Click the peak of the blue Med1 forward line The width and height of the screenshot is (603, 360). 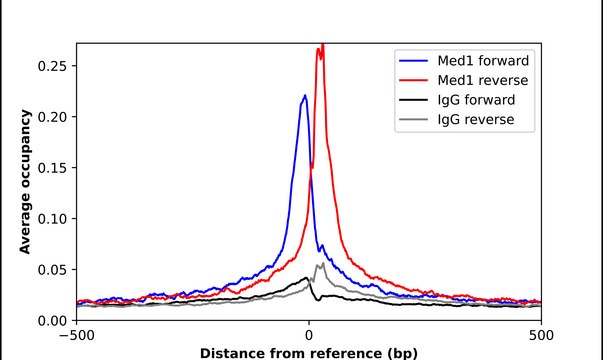click(305, 96)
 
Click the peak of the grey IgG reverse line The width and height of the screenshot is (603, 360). click(320, 264)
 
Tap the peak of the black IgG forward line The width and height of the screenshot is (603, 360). click(307, 278)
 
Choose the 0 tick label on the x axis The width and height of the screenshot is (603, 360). click(309, 335)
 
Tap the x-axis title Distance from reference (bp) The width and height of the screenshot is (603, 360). click(309, 353)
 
